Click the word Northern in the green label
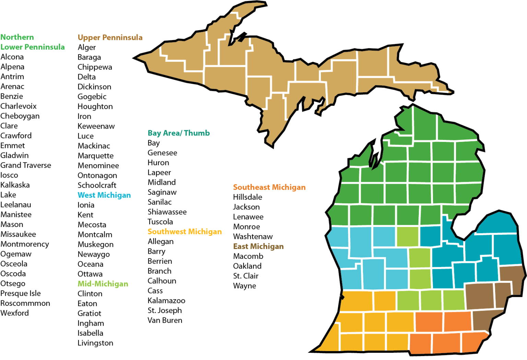click(x=17, y=37)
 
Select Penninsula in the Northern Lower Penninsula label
click(x=45, y=47)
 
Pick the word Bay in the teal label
click(x=154, y=133)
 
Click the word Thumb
click(x=197, y=133)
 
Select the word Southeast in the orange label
click(x=251, y=187)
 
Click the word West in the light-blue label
click(x=86, y=195)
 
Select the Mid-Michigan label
click(x=103, y=284)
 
